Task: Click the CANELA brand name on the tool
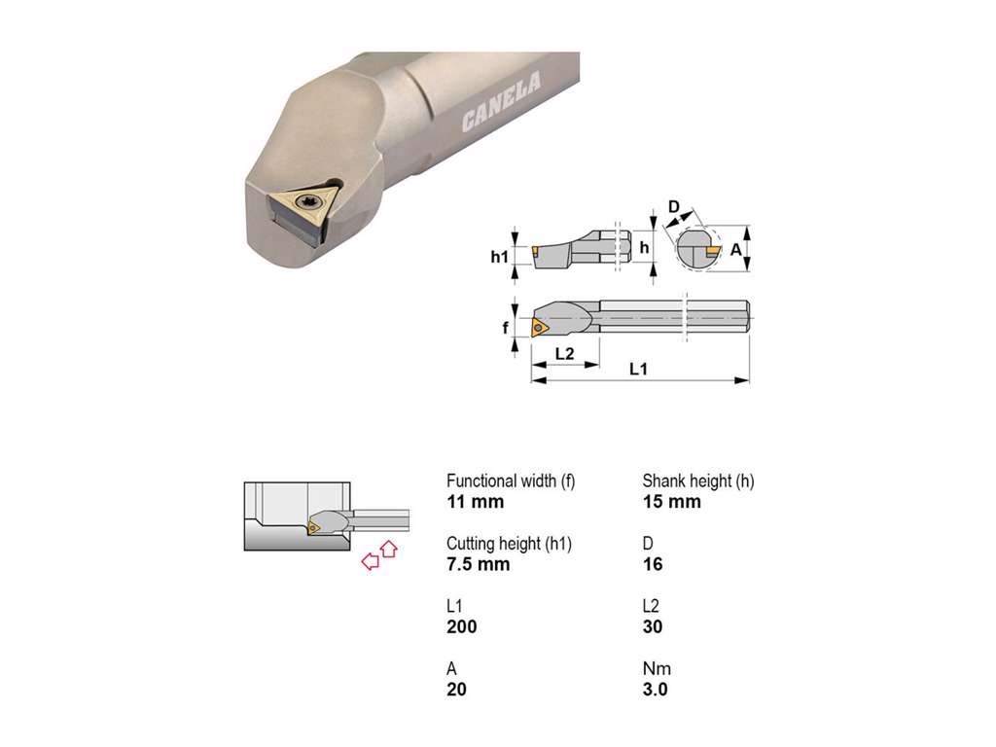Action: [502, 101]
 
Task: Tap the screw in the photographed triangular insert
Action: [310, 202]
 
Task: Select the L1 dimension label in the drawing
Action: [638, 369]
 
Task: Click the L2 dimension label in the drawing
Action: [565, 353]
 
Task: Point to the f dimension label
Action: [506, 328]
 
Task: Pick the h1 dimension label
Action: [499, 257]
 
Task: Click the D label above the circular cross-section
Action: [674, 207]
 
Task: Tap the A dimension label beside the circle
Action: [735, 250]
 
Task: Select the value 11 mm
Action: [475, 502]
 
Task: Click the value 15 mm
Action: [671, 502]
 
